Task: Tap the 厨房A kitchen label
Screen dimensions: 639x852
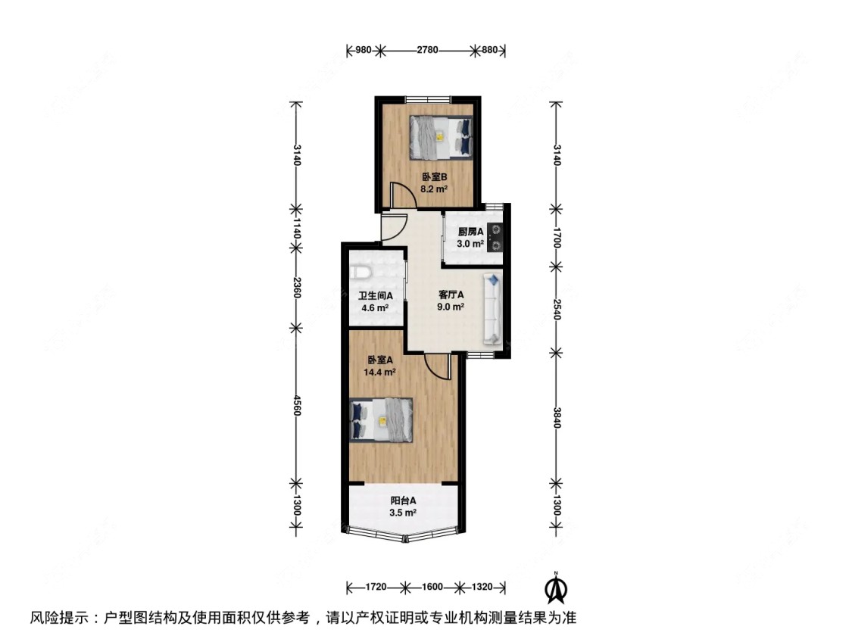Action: (x=470, y=232)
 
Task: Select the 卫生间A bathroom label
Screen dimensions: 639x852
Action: (x=374, y=296)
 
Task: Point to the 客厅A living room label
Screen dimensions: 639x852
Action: (x=451, y=295)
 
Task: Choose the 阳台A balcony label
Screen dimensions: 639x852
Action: (x=404, y=500)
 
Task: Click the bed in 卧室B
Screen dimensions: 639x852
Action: (x=441, y=137)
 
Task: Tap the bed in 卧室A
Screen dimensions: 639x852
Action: (x=382, y=419)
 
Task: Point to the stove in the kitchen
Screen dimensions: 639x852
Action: (x=495, y=235)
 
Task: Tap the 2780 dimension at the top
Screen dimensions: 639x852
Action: (x=427, y=51)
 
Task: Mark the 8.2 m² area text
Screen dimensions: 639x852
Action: (x=434, y=190)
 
